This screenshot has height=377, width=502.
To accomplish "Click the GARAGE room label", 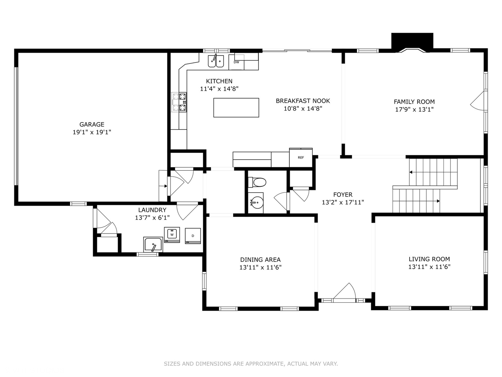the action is [x=92, y=124].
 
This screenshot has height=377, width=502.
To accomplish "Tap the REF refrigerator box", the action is [x=301, y=158].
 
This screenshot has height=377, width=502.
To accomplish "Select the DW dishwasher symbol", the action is [x=236, y=62].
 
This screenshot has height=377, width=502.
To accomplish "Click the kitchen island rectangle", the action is [x=236, y=108].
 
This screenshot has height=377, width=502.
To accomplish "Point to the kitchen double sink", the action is [x=216, y=61].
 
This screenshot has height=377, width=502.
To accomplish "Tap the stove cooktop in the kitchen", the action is [x=179, y=102].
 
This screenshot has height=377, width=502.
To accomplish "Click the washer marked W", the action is [x=172, y=235].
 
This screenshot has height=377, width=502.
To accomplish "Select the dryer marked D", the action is [x=193, y=236].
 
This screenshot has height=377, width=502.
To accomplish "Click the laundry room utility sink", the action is [x=153, y=245].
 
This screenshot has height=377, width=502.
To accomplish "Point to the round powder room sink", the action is [x=256, y=202].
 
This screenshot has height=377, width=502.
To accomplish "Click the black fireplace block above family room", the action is [x=412, y=41].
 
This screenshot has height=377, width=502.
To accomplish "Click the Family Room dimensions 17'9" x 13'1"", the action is [x=414, y=109].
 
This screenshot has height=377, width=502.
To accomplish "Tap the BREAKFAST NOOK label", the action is [x=303, y=101].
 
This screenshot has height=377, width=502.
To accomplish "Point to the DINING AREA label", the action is [x=260, y=260].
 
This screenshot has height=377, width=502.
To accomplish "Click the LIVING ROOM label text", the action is [x=429, y=259].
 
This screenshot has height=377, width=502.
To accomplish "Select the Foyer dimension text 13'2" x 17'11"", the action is [x=343, y=202].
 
